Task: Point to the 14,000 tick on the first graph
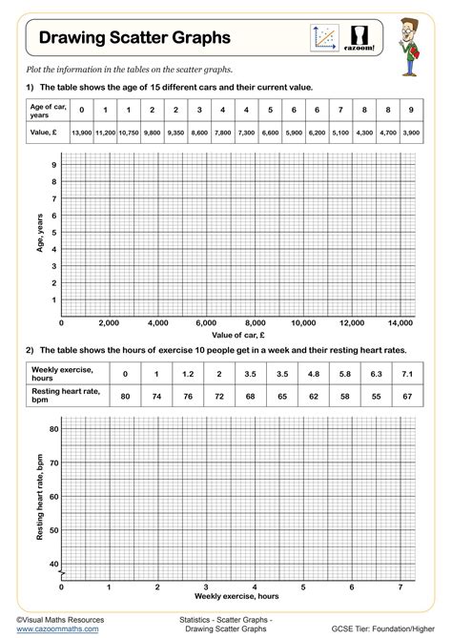[401, 321]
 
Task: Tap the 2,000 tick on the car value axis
[108, 321]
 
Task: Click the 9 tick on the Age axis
[54, 165]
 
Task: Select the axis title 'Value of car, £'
[238, 335]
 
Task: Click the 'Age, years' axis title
[40, 236]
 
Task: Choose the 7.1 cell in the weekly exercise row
[406, 374]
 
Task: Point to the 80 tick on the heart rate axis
[53, 429]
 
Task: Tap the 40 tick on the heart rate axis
[53, 564]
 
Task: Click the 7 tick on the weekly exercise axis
[400, 586]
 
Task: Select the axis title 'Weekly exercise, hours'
[236, 596]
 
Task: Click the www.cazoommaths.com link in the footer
[57, 628]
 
